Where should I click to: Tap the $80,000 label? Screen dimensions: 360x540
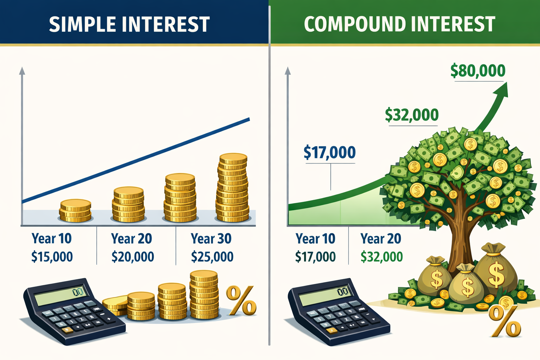click(478, 71)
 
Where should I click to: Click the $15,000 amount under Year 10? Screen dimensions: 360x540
click(52, 257)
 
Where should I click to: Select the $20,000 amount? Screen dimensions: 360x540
click(133, 257)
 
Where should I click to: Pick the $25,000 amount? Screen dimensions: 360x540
click(212, 257)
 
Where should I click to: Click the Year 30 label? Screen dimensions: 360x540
click(211, 239)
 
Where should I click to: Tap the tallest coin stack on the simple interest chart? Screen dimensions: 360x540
click(232, 188)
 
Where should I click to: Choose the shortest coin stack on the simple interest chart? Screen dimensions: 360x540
click(75, 211)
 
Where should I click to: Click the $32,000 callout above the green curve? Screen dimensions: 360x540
click(412, 115)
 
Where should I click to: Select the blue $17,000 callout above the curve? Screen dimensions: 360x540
click(329, 153)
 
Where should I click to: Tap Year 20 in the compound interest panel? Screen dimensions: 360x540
click(381, 239)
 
